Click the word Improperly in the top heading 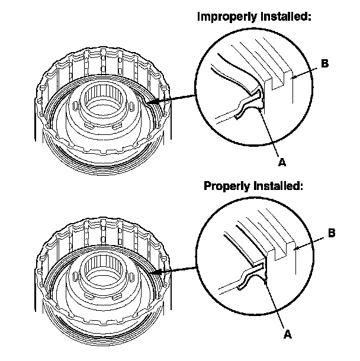(x=223, y=17)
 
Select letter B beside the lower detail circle (x=332, y=233)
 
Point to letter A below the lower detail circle (x=288, y=334)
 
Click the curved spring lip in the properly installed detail (x=249, y=278)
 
